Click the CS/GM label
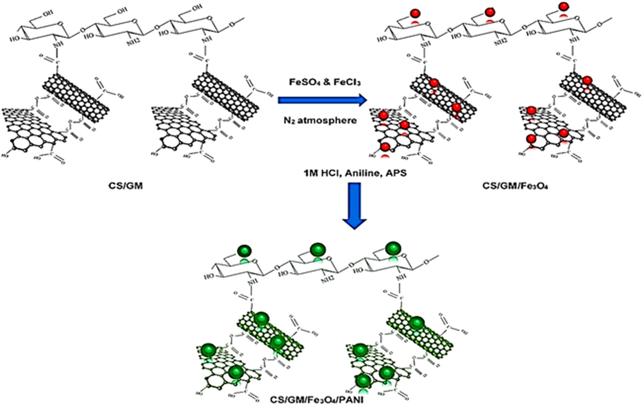pyautogui.click(x=125, y=186)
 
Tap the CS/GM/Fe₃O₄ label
pyautogui.click(x=515, y=186)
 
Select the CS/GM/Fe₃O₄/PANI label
pyautogui.click(x=317, y=400)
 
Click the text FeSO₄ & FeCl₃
pyautogui.click(x=325, y=82)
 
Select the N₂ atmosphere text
pyautogui.click(x=320, y=121)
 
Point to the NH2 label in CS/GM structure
pyautogui.click(x=133, y=41)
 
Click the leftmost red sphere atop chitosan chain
pyautogui.click(x=415, y=13)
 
